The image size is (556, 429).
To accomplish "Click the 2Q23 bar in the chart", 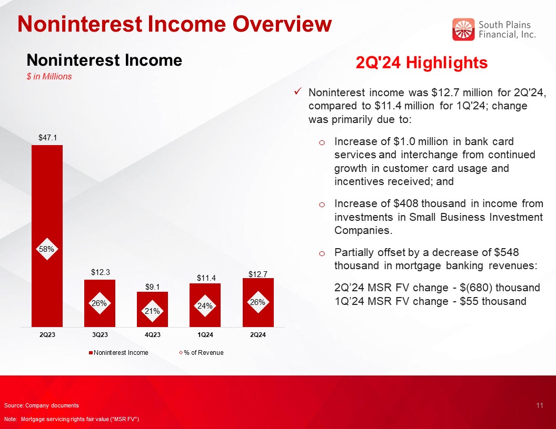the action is tap(47, 236).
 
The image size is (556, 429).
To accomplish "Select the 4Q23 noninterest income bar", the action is tap(153, 309).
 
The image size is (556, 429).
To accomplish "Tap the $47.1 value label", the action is tap(47, 138).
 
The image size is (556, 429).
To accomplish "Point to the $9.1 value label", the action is tap(153, 287).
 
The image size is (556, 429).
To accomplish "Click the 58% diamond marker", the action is tap(47, 249).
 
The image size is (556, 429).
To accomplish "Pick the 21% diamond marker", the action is tap(153, 311).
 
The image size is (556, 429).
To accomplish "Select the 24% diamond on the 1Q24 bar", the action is tap(205, 306).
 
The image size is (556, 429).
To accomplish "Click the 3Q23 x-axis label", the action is tap(100, 335).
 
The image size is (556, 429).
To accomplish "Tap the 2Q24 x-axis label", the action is tap(258, 335).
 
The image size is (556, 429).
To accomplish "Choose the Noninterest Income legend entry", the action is tap(118, 353).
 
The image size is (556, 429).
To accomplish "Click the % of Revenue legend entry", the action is tap(201, 353).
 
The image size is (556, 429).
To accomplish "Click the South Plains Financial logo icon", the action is tap(463, 29).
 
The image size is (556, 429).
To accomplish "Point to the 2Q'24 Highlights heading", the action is tap(422, 63).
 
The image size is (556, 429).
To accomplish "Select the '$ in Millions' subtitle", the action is tap(49, 76).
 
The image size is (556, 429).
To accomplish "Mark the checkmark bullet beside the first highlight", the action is tap(298, 92).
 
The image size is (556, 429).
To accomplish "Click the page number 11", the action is tap(540, 406).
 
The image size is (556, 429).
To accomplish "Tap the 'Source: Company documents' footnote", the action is tap(42, 406).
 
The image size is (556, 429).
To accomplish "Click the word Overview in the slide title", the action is tap(282, 24).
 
